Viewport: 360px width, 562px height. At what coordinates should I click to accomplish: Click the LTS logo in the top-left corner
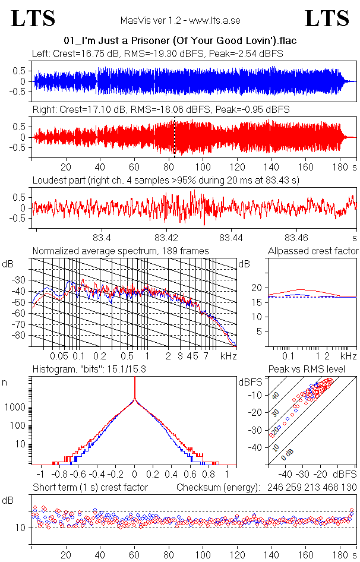tap(33, 19)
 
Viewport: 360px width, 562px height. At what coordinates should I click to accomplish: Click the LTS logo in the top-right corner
tap(327, 19)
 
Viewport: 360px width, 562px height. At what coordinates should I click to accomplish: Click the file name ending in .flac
tap(180, 41)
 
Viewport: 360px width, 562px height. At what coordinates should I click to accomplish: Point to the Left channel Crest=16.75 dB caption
tap(157, 53)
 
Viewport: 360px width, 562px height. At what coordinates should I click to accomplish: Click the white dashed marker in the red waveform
tap(175, 137)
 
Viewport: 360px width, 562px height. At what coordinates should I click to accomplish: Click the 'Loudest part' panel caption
tap(165, 180)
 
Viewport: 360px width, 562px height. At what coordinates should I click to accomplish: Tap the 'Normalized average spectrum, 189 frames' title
tap(121, 251)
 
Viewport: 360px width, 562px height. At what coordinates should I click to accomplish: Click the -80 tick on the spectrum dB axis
tap(21, 336)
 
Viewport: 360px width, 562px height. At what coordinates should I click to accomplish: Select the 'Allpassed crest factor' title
tap(313, 251)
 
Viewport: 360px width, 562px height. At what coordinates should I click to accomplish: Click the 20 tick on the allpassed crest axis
tap(257, 288)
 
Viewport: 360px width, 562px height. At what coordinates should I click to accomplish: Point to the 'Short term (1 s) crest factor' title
tap(90, 487)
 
